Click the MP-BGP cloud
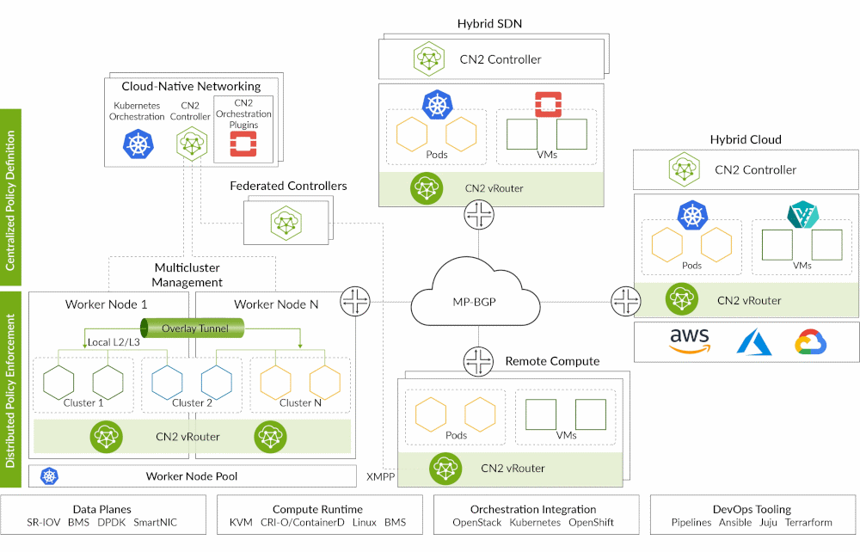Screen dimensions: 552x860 pos(476,302)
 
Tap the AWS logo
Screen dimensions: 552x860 pos(690,340)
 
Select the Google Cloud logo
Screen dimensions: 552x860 pos(810,342)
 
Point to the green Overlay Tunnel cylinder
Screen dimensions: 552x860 pos(192,328)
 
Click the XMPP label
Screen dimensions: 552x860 pos(380,476)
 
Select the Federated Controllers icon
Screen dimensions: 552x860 pos(285,222)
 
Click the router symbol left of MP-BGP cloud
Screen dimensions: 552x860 pos(354,301)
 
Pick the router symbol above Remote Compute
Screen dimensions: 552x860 pos(476,361)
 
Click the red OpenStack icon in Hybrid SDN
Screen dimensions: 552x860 pos(547,104)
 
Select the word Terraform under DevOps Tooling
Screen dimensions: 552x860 pos(809,522)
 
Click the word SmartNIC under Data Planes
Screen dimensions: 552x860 pos(156,522)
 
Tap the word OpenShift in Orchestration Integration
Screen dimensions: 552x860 pos(591,522)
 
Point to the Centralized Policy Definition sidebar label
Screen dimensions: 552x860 pos(11,190)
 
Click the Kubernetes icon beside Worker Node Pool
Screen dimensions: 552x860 pos(49,475)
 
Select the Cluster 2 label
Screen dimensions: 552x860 pos(192,402)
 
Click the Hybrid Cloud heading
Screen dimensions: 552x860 pos(746,139)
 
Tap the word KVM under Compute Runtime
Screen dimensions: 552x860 pos(241,522)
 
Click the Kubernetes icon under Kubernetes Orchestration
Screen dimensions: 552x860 pos(137,144)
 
